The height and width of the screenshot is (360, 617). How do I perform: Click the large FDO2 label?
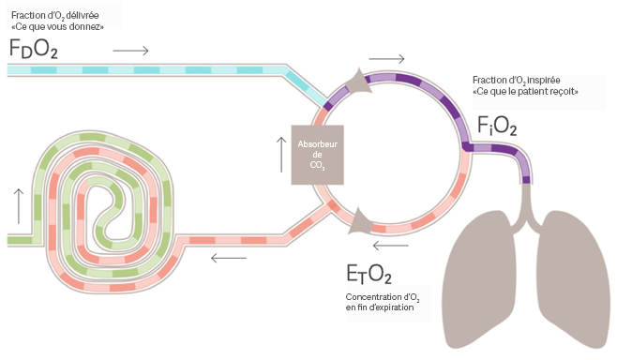[34, 49]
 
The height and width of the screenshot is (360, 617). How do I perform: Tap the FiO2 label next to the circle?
[497, 126]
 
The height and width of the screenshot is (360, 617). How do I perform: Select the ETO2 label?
[369, 275]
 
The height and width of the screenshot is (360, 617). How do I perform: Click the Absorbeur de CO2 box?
[318, 155]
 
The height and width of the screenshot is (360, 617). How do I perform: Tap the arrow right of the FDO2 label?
[130, 51]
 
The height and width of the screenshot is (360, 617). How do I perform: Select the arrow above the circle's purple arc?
[387, 59]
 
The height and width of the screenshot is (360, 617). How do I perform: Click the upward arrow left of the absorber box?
[281, 155]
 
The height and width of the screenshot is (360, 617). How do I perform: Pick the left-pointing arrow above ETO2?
[390, 246]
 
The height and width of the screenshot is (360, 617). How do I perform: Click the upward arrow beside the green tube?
[19, 206]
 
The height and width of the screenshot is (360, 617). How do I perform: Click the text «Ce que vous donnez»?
[57, 27]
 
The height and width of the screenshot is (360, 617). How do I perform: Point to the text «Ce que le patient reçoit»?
[525, 92]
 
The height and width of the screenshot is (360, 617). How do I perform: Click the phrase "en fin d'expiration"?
[380, 307]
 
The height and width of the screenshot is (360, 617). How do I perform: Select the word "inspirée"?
[544, 80]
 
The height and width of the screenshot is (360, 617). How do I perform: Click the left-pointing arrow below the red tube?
[229, 258]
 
